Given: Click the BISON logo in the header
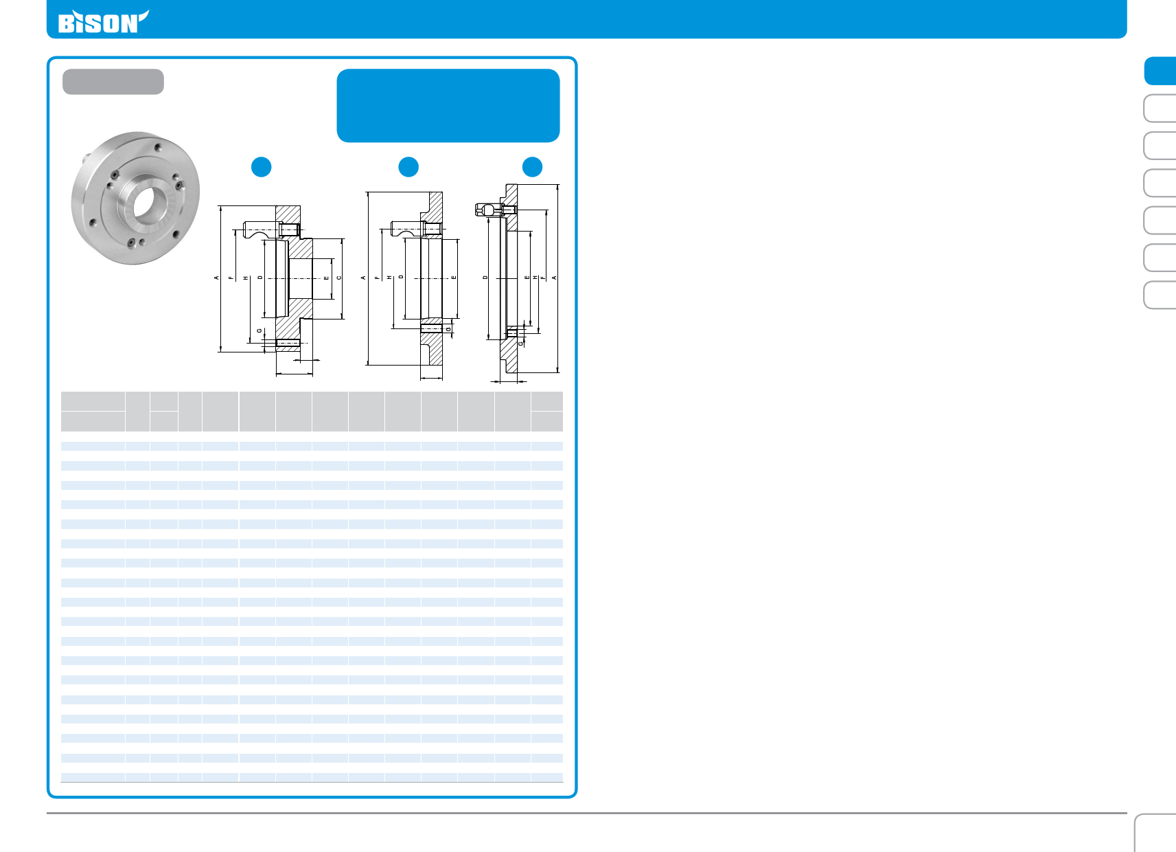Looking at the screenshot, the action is click(104, 22).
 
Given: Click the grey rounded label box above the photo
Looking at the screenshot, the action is click(113, 82).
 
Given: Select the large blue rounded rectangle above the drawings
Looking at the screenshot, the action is click(448, 106).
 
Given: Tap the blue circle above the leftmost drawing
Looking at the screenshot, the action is click(262, 167).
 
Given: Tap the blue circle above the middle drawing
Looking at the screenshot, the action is click(408, 167).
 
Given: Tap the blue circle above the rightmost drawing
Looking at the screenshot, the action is click(532, 167).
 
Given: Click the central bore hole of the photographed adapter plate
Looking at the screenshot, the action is click(143, 204).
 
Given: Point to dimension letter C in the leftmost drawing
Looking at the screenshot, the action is click(339, 278).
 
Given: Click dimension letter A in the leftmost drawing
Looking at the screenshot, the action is click(216, 278).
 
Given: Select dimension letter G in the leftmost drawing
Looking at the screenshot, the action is click(260, 330).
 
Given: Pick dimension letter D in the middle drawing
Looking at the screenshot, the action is click(401, 277).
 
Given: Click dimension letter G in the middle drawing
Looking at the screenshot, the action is click(449, 330).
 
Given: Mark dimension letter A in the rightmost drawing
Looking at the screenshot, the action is click(554, 278).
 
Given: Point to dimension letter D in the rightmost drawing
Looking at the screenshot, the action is click(485, 278).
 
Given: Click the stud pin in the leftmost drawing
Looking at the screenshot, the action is click(271, 229).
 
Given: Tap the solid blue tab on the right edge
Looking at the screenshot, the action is click(1160, 71).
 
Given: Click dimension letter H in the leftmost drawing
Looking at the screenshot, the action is click(246, 278).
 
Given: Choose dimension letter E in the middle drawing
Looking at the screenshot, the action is click(454, 278).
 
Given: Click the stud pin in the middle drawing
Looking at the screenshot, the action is click(416, 229).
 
